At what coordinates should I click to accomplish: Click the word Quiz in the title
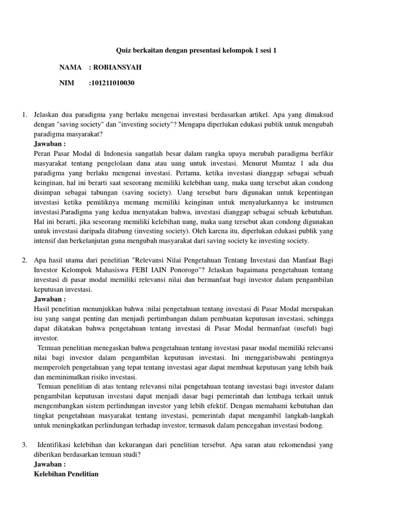(124, 51)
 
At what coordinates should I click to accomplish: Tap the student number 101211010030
(112, 82)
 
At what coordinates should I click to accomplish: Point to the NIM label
(67, 82)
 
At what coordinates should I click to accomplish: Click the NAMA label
(71, 67)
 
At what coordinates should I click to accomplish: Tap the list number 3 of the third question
(25, 445)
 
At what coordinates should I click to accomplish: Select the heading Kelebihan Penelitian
(66, 474)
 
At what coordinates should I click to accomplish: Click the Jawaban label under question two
(50, 299)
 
